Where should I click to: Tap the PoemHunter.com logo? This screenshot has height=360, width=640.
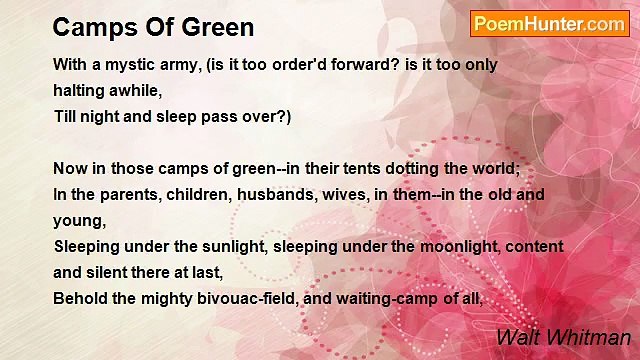549,24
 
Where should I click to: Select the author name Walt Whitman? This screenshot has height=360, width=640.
563,338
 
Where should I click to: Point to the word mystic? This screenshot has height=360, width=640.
123,64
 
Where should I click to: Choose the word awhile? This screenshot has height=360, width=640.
136,90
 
